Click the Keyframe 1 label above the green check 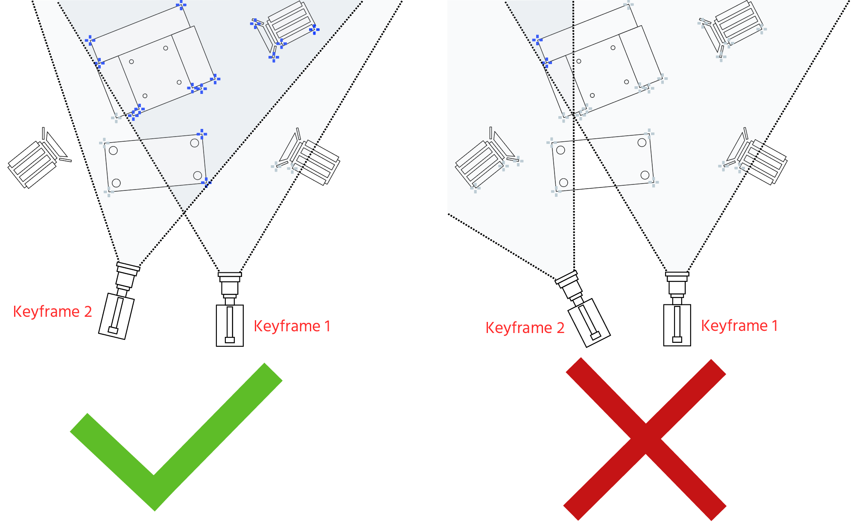(292, 326)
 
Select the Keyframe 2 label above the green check (53, 312)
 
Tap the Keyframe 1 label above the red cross (739, 326)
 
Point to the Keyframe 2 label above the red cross (525, 328)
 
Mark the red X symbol (645, 439)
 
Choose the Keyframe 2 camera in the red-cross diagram (583, 310)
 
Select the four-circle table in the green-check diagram (155, 163)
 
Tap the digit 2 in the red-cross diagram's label (560, 328)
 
